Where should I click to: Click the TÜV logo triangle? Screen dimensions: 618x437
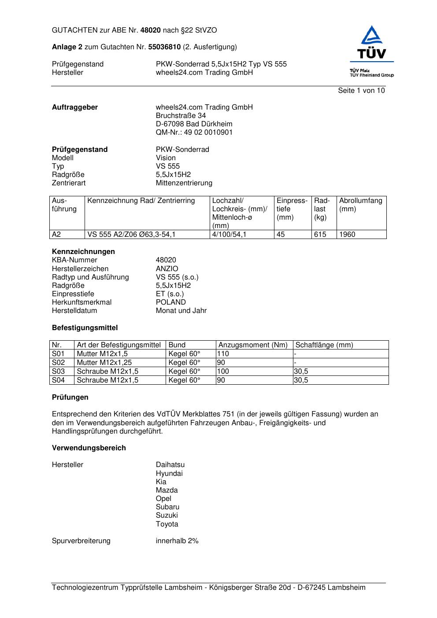pyautogui.click(x=372, y=36)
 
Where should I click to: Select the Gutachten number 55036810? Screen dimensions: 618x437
pyautogui.click(x=164, y=47)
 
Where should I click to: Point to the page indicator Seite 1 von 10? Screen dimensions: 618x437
pyautogui.click(x=361, y=91)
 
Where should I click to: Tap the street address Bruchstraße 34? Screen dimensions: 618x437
pyautogui.click(x=181, y=116)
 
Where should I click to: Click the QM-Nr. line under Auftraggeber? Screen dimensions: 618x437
pyautogui.click(x=194, y=132)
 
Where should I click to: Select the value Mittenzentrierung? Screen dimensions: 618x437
pyautogui.click(x=184, y=183)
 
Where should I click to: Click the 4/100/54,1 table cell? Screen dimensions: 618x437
pyautogui.click(x=229, y=235)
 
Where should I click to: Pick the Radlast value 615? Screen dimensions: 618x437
pyautogui.click(x=320, y=235)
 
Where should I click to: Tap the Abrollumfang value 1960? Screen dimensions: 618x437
pyautogui.click(x=347, y=235)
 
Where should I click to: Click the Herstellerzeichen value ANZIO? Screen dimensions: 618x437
pyautogui.click(x=167, y=269)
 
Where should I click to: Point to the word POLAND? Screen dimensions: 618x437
pyautogui.click(x=170, y=302)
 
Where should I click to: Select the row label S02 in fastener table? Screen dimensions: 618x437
pyautogui.click(x=58, y=363)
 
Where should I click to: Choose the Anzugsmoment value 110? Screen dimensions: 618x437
pyautogui.click(x=223, y=354)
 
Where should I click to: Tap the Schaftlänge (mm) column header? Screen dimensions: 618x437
pyautogui.click(x=324, y=345)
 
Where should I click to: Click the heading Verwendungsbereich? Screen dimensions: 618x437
pyautogui.click(x=89, y=448)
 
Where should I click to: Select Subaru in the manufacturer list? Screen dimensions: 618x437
pyautogui.click(x=167, y=507)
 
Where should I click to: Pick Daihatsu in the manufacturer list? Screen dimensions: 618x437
pyautogui.click(x=170, y=465)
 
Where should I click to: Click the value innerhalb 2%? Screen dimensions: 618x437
pyautogui.click(x=177, y=541)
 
